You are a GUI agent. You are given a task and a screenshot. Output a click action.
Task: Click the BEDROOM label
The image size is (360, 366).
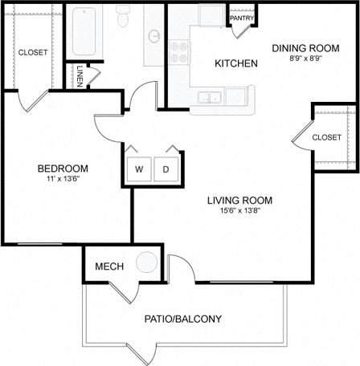click(x=63, y=169)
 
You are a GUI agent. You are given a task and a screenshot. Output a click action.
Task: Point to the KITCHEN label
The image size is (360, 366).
click(x=235, y=63)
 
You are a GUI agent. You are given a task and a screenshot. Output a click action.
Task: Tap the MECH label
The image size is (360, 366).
click(x=108, y=266)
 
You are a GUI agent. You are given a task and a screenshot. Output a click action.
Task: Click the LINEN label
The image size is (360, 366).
click(x=80, y=77)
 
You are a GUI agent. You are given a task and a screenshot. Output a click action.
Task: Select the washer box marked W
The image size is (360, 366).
click(x=138, y=169)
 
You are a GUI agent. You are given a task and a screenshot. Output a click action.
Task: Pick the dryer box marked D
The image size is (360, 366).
click(x=166, y=169)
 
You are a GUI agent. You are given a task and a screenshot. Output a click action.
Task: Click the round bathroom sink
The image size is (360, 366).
click(x=153, y=36)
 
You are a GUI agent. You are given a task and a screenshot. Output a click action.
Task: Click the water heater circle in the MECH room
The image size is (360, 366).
click(x=146, y=263)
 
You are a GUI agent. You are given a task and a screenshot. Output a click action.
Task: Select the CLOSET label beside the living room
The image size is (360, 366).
click(x=327, y=137)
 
